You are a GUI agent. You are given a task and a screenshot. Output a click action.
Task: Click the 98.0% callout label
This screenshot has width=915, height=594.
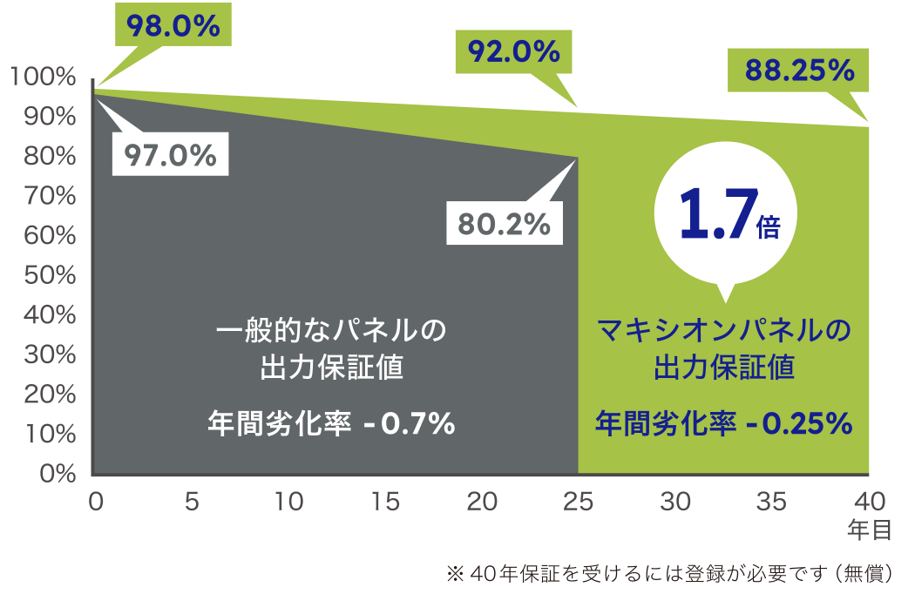click(x=173, y=25)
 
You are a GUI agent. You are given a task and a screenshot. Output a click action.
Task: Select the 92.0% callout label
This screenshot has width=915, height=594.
click(x=513, y=51)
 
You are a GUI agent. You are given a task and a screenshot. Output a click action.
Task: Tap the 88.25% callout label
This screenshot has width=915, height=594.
click(x=799, y=71)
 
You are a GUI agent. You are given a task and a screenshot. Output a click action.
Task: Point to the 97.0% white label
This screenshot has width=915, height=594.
click(x=170, y=155)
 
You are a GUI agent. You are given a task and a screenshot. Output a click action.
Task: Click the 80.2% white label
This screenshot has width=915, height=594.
click(x=505, y=224)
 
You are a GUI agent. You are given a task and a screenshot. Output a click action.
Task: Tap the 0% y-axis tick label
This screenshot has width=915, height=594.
click(x=54, y=474)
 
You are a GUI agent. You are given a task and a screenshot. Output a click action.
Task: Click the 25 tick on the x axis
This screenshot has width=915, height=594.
click(x=579, y=501)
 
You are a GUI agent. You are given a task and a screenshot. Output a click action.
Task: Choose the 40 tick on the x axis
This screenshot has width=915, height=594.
click(x=867, y=501)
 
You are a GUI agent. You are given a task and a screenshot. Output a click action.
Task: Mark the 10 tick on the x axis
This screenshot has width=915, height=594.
click(x=289, y=501)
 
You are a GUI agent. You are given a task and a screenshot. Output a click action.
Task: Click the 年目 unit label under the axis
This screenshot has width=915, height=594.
click(x=868, y=528)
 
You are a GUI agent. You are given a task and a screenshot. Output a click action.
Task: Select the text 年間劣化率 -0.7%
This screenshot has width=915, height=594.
click(x=331, y=424)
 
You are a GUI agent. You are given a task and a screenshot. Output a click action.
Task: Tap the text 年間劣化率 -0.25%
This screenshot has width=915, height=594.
click(x=722, y=423)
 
